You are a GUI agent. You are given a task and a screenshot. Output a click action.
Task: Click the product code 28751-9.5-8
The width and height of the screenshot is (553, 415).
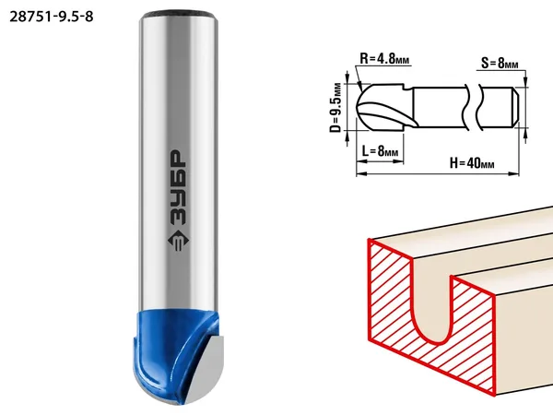click(52, 17)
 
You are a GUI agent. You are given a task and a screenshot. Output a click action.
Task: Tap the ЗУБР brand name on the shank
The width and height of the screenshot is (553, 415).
click(178, 188)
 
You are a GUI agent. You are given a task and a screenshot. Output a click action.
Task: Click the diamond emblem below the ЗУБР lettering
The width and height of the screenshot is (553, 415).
click(178, 241)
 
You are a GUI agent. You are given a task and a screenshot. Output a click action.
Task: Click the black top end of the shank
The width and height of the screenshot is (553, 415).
click(178, 15)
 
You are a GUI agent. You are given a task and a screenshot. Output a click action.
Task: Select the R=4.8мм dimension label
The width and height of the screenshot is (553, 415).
click(384, 58)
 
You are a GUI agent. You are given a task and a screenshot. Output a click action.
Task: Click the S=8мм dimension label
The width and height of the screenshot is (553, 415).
click(500, 63)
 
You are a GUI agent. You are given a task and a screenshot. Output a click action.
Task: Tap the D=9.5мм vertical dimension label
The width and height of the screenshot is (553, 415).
click(336, 108)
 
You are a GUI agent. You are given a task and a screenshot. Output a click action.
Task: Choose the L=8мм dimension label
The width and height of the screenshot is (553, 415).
click(380, 151)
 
